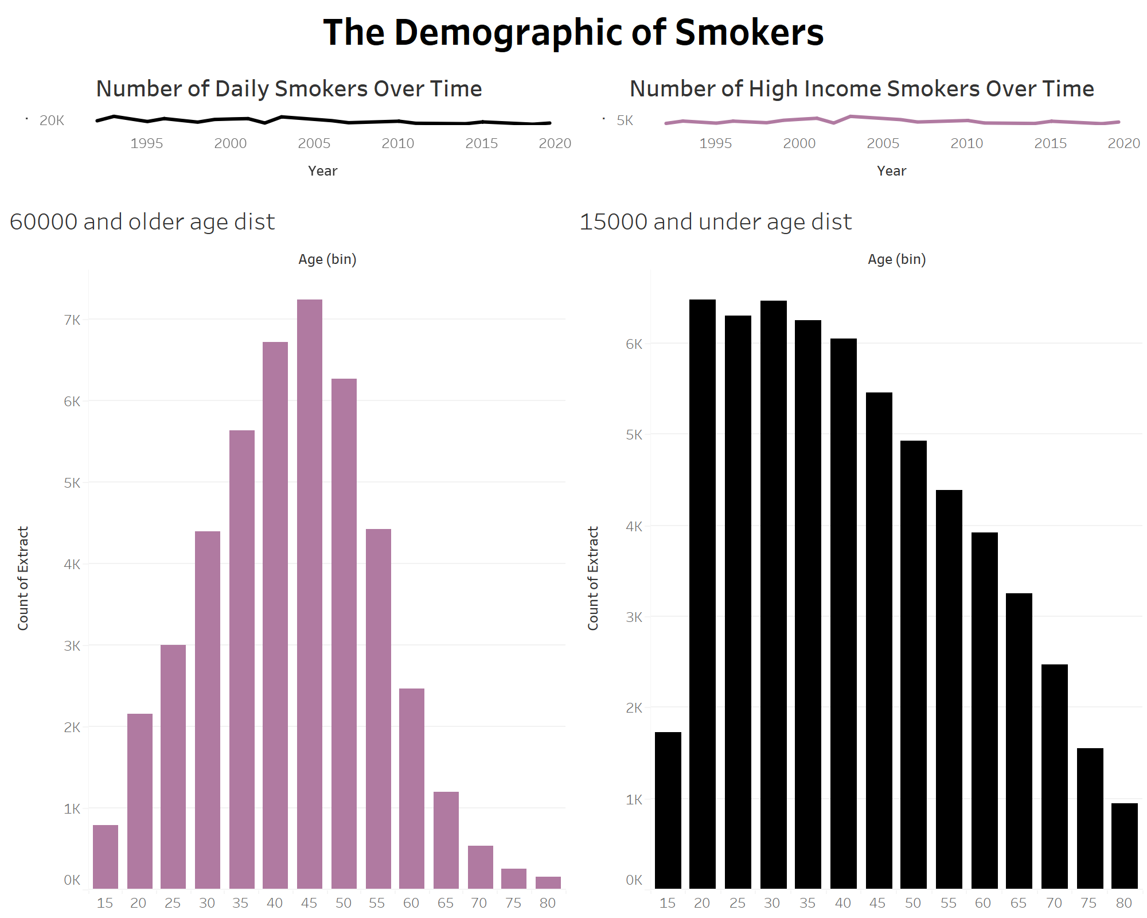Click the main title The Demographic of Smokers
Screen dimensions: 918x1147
pos(573,32)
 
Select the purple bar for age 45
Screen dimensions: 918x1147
pos(310,594)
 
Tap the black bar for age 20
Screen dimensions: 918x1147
pos(702,594)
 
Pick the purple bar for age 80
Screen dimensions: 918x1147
pos(548,882)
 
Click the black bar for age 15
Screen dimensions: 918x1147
pos(668,810)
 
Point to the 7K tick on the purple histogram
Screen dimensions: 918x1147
pos(72,320)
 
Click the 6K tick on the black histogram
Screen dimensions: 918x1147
pos(634,344)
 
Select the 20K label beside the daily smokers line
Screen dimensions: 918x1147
pos(52,120)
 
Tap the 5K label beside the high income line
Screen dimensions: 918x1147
pos(625,120)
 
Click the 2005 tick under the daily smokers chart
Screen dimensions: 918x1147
pos(314,143)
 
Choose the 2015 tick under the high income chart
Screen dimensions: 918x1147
pos(1050,143)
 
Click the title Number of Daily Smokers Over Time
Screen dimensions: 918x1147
pos(289,89)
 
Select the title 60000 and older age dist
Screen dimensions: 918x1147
pos(142,222)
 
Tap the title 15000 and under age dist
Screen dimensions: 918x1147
pos(715,222)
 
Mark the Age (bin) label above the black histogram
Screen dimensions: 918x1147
pos(896,259)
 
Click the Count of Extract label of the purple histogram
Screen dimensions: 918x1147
pos(23,578)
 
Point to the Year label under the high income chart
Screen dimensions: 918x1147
pos(891,171)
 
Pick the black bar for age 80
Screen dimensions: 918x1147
pos(1124,846)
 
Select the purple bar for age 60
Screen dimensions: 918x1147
pos(412,788)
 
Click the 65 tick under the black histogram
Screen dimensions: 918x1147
pos(1019,903)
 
